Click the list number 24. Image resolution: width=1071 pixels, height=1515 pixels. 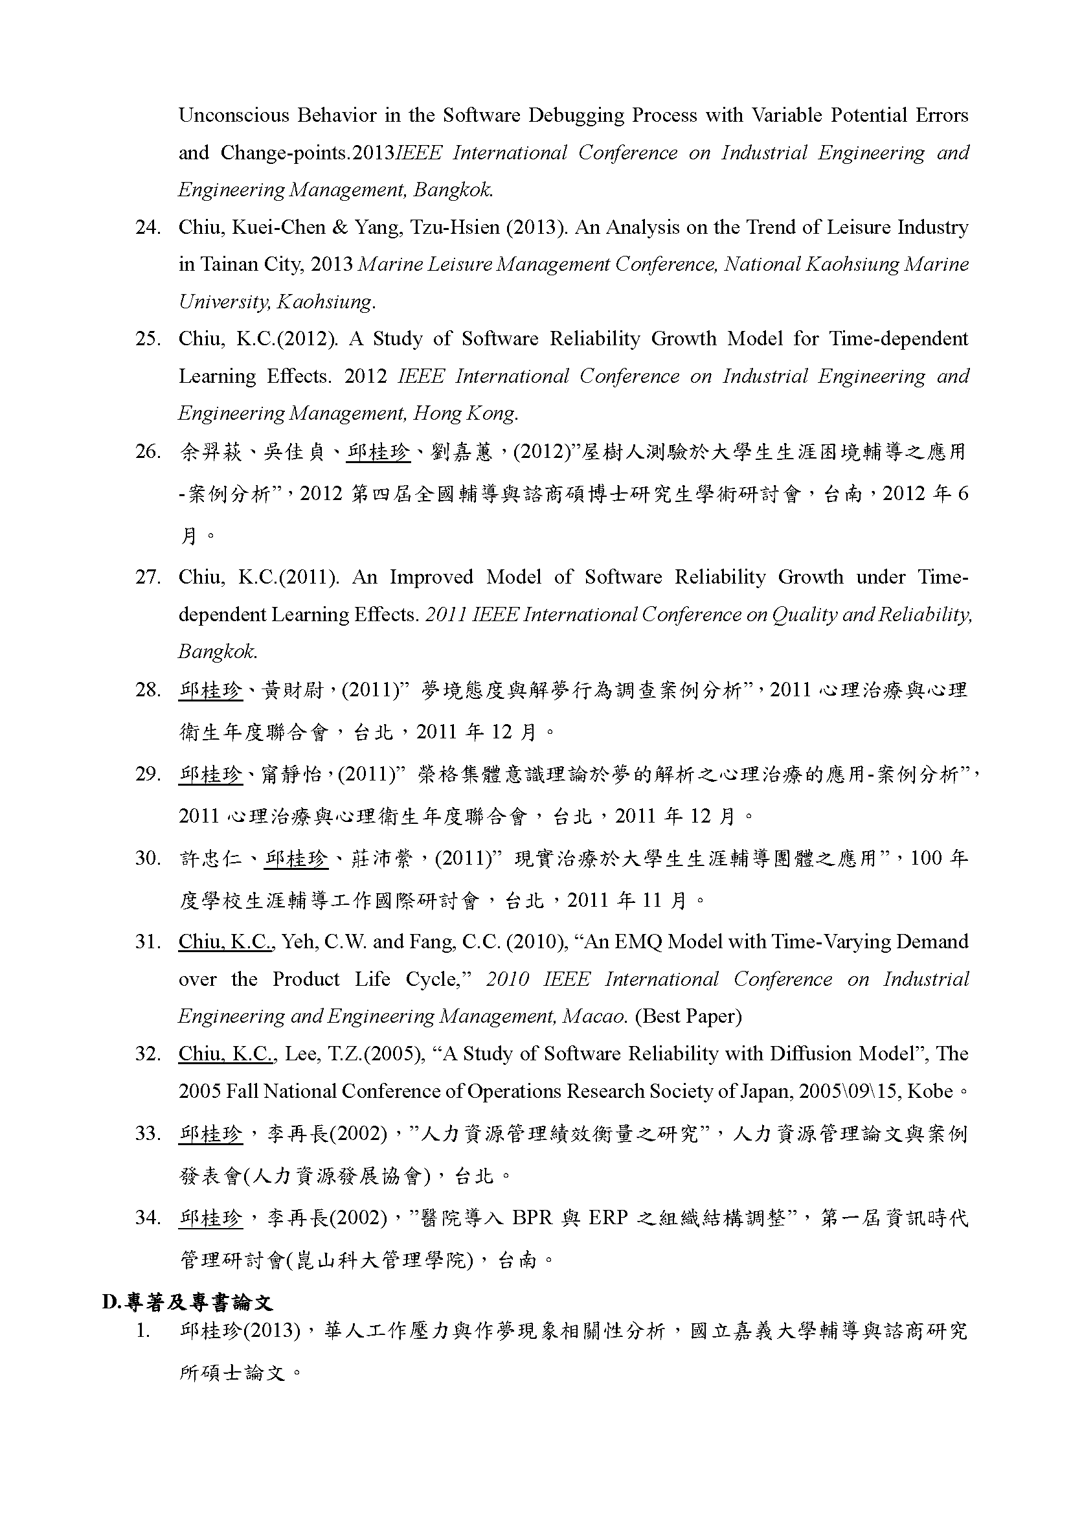tap(148, 227)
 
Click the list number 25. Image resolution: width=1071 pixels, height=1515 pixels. tap(148, 339)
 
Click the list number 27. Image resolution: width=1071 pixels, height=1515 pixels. tap(148, 577)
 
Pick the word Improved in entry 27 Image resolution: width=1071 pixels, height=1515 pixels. tap(431, 577)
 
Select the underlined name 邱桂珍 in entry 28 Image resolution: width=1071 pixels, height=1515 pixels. tap(210, 691)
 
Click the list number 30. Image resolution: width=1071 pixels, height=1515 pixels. tap(148, 858)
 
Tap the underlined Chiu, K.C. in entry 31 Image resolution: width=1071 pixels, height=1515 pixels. tap(225, 942)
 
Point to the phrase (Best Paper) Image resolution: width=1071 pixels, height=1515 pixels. tap(688, 1016)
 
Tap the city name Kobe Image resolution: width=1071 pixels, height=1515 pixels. tap(930, 1091)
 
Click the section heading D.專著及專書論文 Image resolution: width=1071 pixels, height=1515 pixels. tap(187, 1302)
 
